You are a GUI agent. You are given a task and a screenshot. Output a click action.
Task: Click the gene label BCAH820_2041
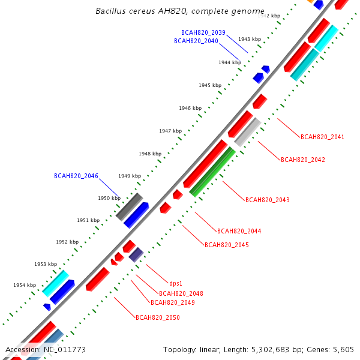(x=322, y=137)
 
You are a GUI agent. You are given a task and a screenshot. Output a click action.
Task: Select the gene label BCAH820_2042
(x=303, y=160)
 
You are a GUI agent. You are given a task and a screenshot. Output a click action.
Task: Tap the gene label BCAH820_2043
(x=268, y=200)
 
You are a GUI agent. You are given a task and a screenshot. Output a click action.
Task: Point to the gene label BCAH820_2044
(x=239, y=231)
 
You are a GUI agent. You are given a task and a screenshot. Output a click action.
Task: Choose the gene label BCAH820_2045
(x=227, y=245)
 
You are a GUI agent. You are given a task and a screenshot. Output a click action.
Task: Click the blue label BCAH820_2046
(x=76, y=176)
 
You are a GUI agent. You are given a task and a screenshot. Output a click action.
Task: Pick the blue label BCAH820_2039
(x=203, y=32)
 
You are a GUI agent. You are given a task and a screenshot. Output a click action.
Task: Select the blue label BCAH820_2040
(x=196, y=41)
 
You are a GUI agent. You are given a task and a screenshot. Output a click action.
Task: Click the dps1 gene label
(x=176, y=283)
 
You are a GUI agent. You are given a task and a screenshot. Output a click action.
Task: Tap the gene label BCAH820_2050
(x=158, y=317)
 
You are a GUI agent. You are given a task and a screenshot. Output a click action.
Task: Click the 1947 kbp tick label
(x=170, y=131)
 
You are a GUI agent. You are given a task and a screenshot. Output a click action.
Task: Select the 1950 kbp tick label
(x=109, y=198)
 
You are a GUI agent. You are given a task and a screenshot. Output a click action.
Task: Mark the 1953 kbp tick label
(x=46, y=264)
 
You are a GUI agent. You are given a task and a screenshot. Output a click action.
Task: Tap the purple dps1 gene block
(x=136, y=255)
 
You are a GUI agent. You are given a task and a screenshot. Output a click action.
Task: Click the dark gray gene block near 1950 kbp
(x=129, y=206)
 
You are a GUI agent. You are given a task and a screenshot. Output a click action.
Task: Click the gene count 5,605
(x=343, y=349)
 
